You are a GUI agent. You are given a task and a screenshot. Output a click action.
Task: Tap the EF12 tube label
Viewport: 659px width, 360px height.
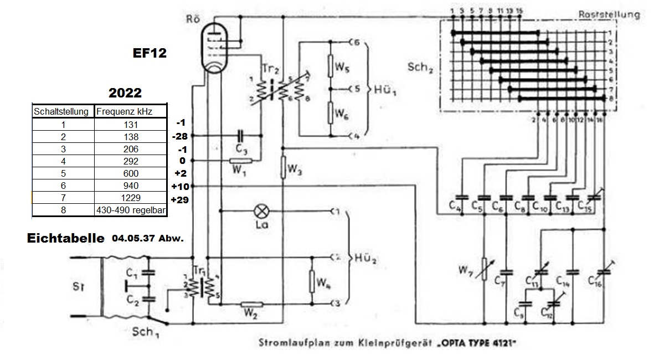point(150,53)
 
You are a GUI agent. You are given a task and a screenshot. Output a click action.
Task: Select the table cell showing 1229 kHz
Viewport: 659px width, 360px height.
point(131,198)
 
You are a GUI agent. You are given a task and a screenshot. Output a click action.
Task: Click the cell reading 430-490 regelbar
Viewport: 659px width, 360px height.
point(131,210)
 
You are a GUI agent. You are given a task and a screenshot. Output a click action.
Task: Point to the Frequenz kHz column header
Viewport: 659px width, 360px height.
point(131,111)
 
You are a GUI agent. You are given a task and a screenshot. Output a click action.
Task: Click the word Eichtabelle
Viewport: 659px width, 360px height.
point(65,238)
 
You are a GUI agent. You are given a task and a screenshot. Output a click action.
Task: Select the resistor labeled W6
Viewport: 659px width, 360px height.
point(331,114)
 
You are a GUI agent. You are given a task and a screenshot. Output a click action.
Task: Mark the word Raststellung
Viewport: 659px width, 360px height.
point(609,14)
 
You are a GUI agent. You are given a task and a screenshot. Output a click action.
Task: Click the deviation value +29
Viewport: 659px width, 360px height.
point(181,199)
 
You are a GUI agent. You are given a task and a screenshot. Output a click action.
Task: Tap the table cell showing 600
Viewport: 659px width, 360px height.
point(131,173)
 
